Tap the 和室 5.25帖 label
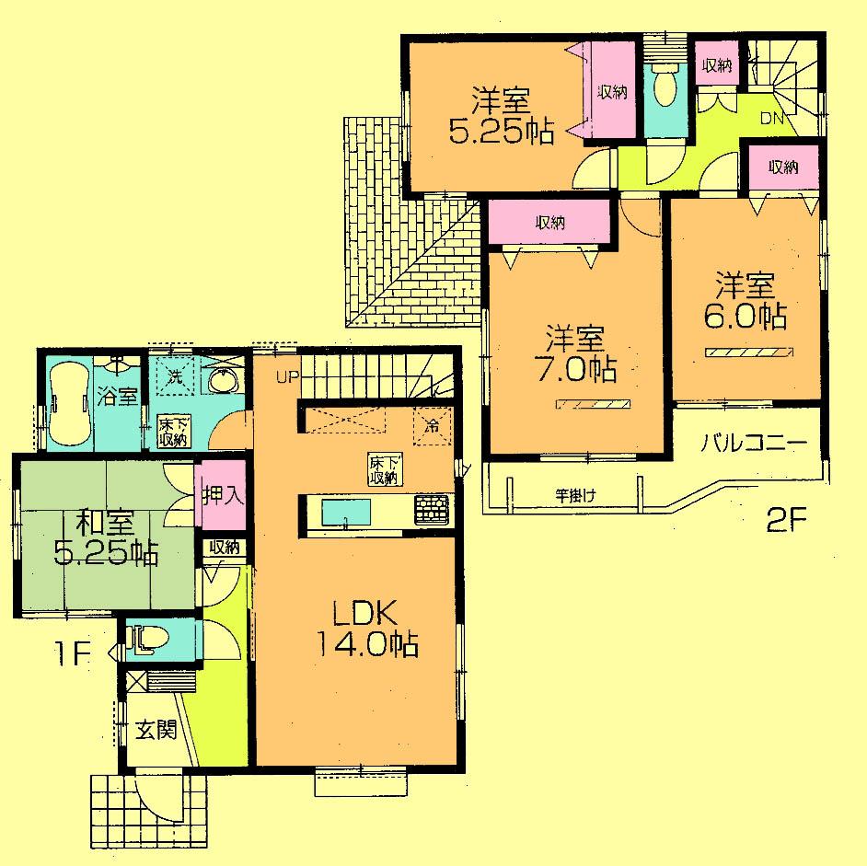click(105, 539)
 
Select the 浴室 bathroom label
click(118, 398)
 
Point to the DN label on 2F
click(770, 117)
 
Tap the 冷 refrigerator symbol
click(431, 425)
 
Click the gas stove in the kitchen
click(432, 511)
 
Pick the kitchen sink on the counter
click(345, 512)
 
